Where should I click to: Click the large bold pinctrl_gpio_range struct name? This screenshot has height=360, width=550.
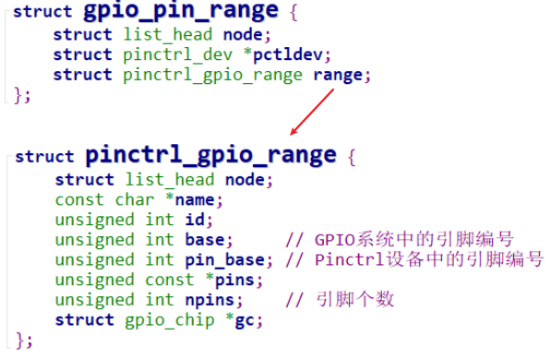212,154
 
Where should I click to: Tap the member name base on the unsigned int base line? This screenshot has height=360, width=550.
209,240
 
